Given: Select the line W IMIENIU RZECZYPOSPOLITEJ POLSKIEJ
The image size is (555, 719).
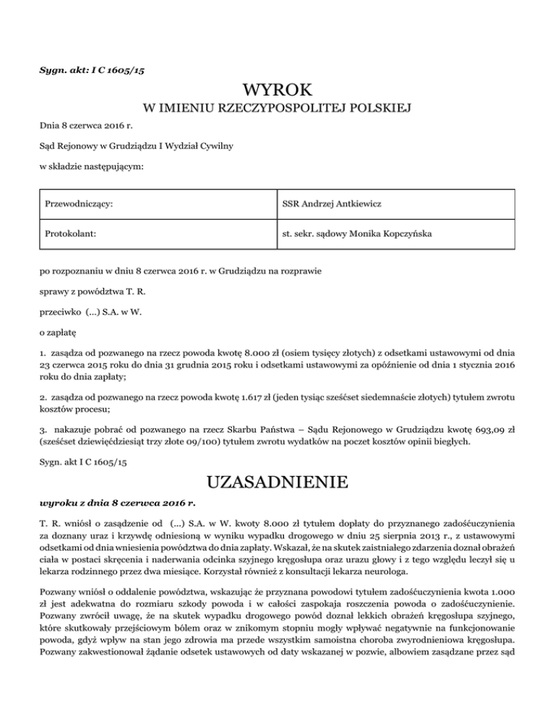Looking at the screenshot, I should point(277,109).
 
